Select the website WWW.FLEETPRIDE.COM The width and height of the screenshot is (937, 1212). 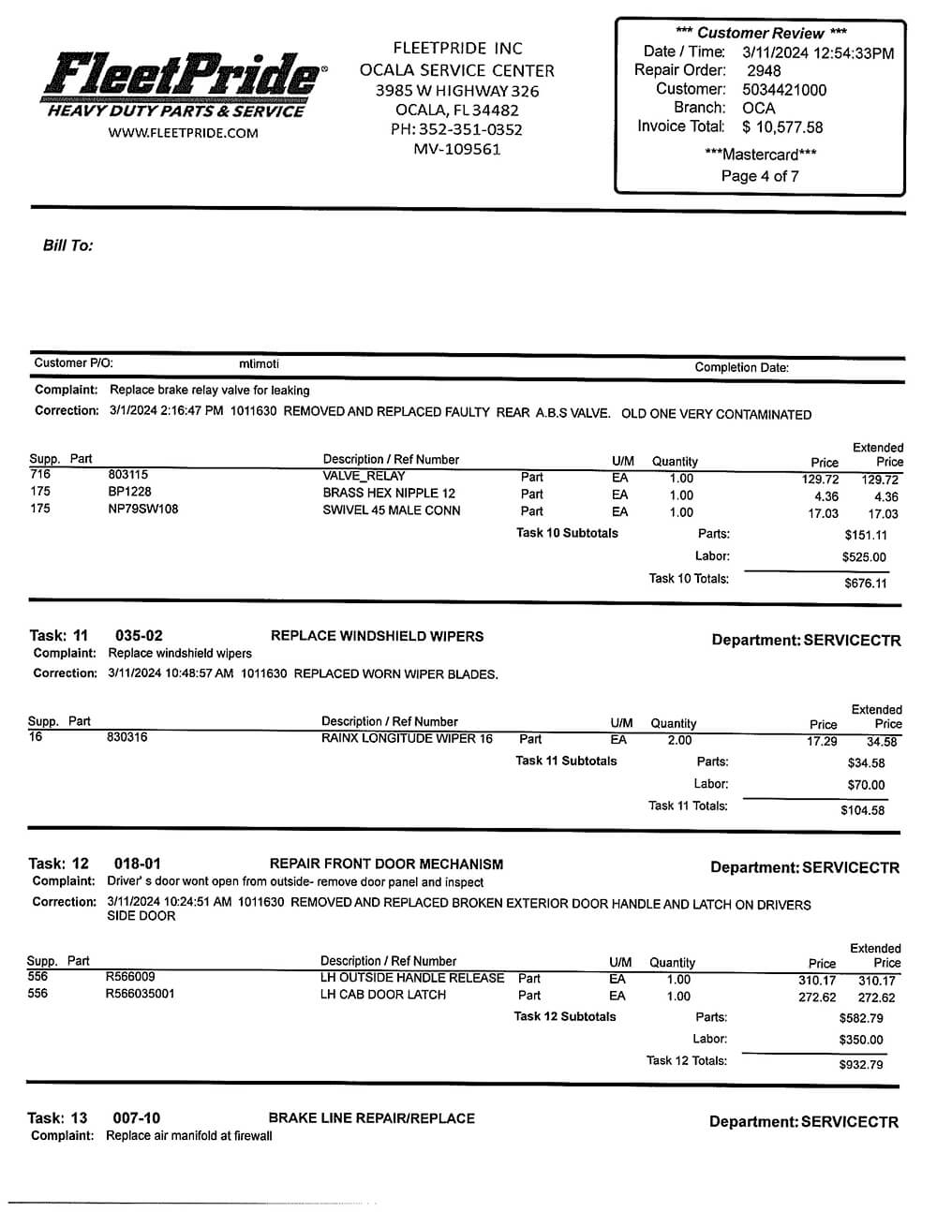pyautogui.click(x=183, y=133)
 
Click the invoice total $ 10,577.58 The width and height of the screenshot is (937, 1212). pyautogui.click(x=782, y=127)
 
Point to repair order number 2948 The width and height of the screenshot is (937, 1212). pyautogui.click(x=764, y=71)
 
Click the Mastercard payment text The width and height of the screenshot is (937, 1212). pyautogui.click(x=760, y=155)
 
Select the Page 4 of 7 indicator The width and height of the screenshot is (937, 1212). pyautogui.click(x=760, y=176)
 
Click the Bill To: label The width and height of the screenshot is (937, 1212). pyautogui.click(x=67, y=245)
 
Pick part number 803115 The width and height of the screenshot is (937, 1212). pyautogui.click(x=128, y=475)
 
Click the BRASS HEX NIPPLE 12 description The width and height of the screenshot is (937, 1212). pyautogui.click(x=389, y=493)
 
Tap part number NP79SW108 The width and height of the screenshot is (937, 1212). pyautogui.click(x=143, y=510)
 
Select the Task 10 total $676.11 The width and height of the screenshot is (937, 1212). pyautogui.click(x=865, y=584)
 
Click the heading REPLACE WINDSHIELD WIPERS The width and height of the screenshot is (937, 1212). pyautogui.click(x=377, y=636)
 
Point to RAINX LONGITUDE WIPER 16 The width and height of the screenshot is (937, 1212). pyautogui.click(x=407, y=738)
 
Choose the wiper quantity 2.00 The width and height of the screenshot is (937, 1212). pyautogui.click(x=679, y=740)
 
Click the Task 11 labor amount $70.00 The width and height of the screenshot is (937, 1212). pyautogui.click(x=866, y=785)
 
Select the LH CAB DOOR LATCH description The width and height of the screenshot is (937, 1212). pyautogui.click(x=383, y=995)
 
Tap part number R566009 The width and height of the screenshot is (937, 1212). pyautogui.click(x=130, y=977)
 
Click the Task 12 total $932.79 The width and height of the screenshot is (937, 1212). pyautogui.click(x=861, y=1065)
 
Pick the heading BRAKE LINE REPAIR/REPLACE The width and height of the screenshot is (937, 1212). pyautogui.click(x=371, y=1118)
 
